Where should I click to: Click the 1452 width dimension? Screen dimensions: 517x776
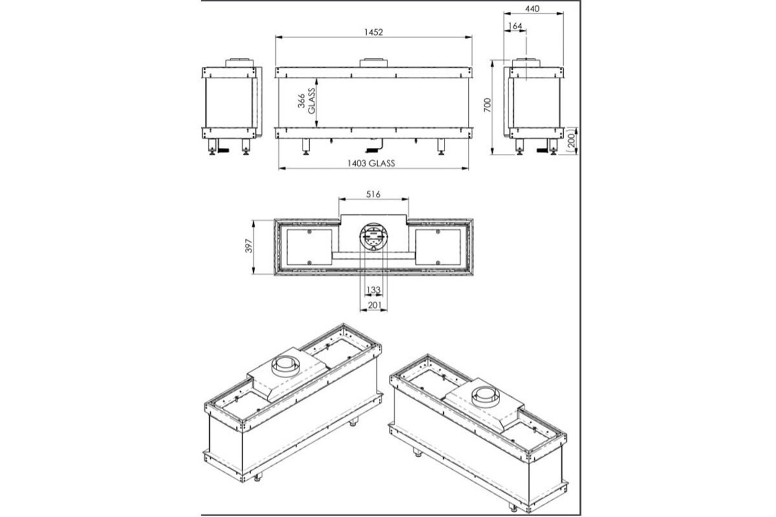pos(373,32)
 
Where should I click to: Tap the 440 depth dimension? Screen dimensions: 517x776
pos(532,8)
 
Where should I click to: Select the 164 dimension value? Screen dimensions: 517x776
pos(515,25)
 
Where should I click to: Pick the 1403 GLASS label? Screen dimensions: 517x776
pos(370,162)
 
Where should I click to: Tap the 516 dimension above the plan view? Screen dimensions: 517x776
pos(373,194)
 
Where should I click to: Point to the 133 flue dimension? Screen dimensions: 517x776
pos(373,290)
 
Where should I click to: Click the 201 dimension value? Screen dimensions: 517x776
pos(373,305)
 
